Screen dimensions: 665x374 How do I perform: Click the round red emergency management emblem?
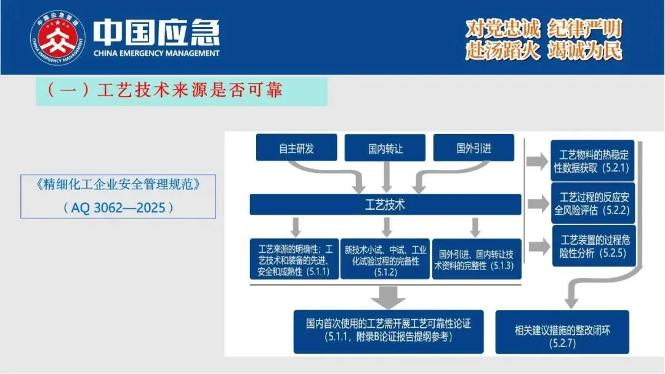(x=58, y=38)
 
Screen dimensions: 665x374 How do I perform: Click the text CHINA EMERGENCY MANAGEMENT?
(x=156, y=54)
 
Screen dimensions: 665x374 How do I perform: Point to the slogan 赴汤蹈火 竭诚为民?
(x=544, y=50)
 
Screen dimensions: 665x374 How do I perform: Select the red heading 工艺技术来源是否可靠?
(x=164, y=90)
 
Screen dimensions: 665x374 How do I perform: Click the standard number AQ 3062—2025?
(x=118, y=207)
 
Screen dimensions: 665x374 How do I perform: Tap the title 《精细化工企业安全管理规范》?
(x=118, y=183)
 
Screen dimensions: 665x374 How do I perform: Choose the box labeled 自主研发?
(x=296, y=148)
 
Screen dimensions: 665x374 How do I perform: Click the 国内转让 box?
(x=385, y=149)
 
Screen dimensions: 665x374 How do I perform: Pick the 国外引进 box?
(x=474, y=148)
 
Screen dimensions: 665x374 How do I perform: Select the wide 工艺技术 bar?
(x=385, y=204)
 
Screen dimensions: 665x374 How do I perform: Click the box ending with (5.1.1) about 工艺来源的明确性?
(x=294, y=260)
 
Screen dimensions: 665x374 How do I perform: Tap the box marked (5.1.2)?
(x=385, y=260)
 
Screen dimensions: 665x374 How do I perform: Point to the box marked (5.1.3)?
(x=476, y=260)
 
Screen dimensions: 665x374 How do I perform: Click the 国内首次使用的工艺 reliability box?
(x=388, y=330)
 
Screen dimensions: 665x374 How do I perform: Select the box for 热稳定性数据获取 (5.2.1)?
(x=593, y=161)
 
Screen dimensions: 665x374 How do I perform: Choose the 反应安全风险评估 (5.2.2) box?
(x=593, y=202)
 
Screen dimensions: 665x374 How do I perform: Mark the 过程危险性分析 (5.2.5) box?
(x=593, y=245)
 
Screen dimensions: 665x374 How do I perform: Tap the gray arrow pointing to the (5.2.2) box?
(x=538, y=203)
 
